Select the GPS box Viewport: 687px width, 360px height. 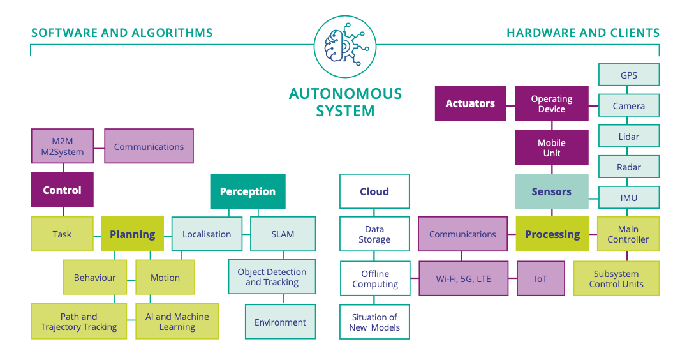[628, 75]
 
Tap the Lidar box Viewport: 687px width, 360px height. [628, 136]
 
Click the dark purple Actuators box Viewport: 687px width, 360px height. [470, 103]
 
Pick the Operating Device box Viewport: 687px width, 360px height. [551, 103]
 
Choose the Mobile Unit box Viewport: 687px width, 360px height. [551, 147]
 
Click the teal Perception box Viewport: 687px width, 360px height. [247, 191]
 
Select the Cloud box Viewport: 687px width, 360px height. [374, 191]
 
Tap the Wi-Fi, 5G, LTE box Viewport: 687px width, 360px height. [463, 278]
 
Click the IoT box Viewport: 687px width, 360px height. [540, 278]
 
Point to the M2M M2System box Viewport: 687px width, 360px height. [63, 146]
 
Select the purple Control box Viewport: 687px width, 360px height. [62, 190]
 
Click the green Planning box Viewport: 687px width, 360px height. [132, 234]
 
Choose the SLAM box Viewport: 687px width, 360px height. [283, 234]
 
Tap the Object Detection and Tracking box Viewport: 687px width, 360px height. [272, 277]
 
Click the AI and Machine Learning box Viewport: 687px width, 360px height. [177, 321]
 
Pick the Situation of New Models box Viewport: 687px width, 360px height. [374, 322]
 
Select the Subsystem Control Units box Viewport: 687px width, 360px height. [616, 278]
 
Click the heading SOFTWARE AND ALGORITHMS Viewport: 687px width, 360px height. [122, 33]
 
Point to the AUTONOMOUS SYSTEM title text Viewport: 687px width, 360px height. [345, 102]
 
